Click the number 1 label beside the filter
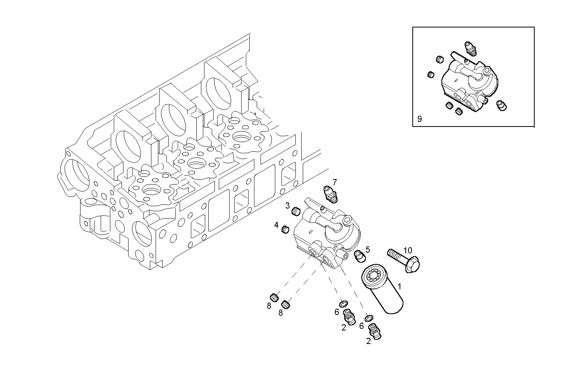pyautogui.click(x=400, y=287)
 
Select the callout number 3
pyautogui.click(x=288, y=205)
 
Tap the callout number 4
pyautogui.click(x=276, y=225)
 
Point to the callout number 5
pyautogui.click(x=367, y=250)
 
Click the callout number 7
pyautogui.click(x=335, y=182)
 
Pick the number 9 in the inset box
pyautogui.click(x=420, y=119)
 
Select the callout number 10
pyautogui.click(x=408, y=250)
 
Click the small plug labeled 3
pyautogui.click(x=297, y=211)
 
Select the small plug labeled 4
pyautogui.click(x=286, y=229)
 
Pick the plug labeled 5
pyautogui.click(x=359, y=256)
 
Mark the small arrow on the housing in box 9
pyautogui.click(x=456, y=80)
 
